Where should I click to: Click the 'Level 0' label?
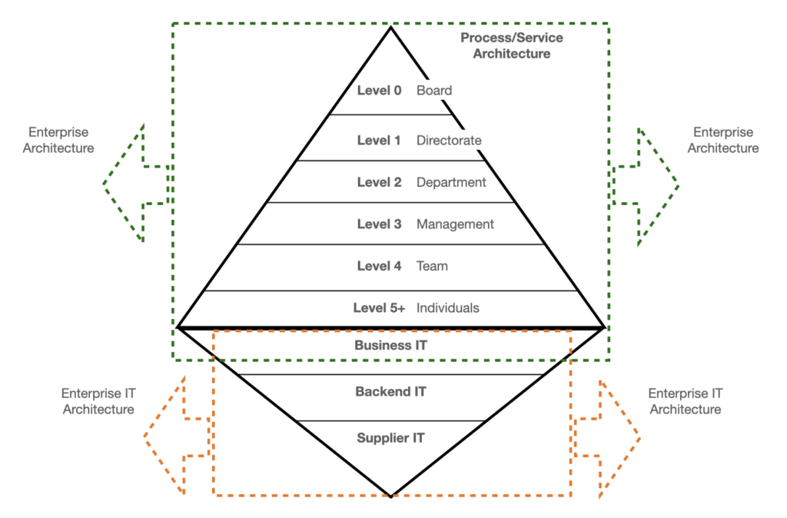point(379,91)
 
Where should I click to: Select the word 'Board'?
point(434,91)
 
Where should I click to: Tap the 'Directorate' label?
point(449,141)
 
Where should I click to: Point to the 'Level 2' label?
point(379,183)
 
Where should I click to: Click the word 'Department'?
point(451,183)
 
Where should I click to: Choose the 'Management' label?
point(455,224)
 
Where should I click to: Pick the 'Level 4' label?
point(379,267)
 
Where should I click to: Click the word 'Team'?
point(432,267)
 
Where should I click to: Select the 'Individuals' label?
point(447,308)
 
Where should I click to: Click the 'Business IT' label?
point(390,346)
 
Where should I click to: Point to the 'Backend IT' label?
point(390,392)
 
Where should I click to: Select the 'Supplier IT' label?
point(390,439)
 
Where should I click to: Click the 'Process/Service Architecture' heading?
point(511,46)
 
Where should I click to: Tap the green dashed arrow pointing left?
point(134,184)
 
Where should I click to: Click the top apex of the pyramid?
point(391,28)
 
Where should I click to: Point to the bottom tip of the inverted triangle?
point(391,496)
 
